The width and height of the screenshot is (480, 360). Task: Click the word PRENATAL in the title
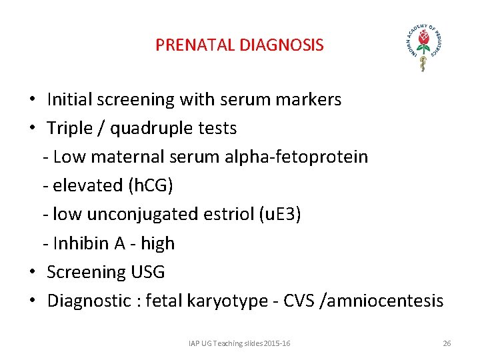[185, 45]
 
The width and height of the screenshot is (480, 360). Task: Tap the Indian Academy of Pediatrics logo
[422, 45]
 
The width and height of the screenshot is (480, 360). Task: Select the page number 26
[447, 343]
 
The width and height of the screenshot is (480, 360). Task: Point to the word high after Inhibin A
[157, 244]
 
